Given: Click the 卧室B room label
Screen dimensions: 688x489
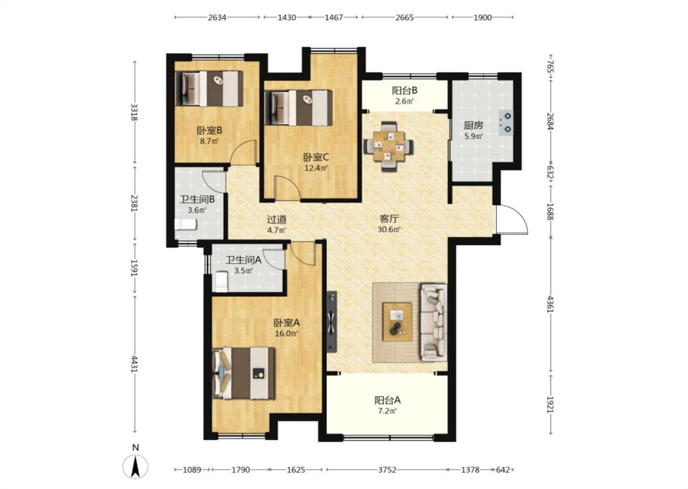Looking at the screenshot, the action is [209, 130].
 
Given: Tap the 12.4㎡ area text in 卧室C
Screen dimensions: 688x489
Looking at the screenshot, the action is [316, 167].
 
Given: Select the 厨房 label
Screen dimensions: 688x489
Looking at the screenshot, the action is [473, 125].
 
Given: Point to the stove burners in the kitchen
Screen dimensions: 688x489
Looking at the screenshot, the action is [506, 122].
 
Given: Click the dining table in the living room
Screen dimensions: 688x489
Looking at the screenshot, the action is [388, 146].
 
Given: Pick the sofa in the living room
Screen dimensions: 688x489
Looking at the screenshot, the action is [434, 322].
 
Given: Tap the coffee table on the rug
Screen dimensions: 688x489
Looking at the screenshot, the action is [397, 322].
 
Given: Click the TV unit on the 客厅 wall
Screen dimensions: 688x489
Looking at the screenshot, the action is [331, 322].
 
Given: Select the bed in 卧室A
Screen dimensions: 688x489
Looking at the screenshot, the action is [243, 373].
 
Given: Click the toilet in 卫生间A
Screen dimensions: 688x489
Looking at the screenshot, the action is [221, 282].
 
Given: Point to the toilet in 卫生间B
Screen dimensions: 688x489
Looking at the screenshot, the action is [185, 224].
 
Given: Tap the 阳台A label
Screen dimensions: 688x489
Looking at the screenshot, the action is [387, 400].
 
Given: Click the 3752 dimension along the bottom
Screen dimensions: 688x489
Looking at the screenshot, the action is [387, 469].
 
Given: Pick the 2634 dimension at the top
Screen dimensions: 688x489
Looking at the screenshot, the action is [217, 18].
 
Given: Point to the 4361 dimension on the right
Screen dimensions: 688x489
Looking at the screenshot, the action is [550, 305].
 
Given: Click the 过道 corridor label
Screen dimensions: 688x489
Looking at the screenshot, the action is [277, 219].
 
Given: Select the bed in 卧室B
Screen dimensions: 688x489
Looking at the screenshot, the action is [209, 88].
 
